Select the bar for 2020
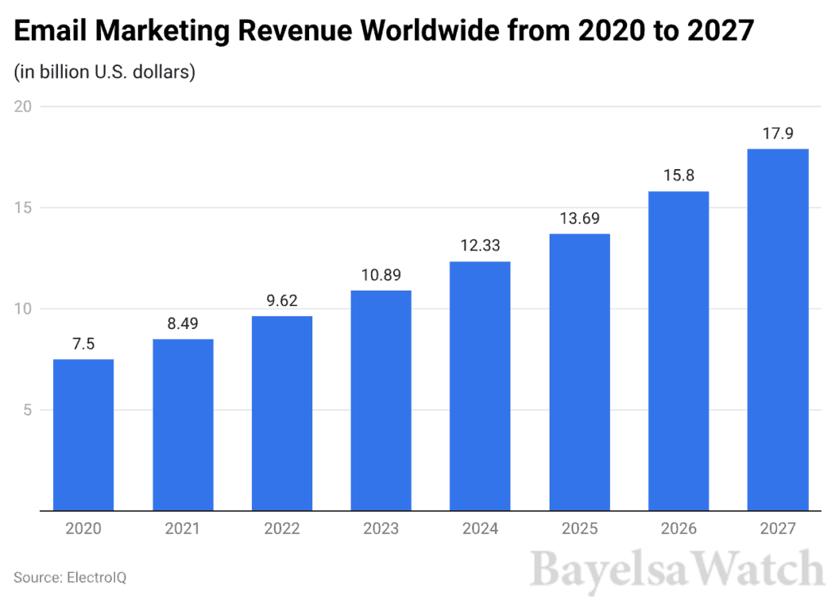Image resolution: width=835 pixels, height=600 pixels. click(83, 435)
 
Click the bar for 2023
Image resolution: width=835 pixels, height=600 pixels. click(381, 400)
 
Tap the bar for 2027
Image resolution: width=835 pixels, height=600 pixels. click(778, 330)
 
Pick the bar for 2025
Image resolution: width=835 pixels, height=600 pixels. click(579, 372)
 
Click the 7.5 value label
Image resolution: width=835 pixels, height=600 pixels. click(83, 343)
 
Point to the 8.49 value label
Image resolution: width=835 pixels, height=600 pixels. click(183, 322)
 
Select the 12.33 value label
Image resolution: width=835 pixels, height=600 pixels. click(480, 245)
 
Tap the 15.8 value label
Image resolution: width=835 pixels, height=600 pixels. click(678, 175)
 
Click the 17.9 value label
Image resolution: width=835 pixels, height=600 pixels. click(778, 132)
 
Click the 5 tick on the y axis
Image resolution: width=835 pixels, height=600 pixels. click(27, 410)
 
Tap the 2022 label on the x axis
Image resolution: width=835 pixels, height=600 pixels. click(282, 530)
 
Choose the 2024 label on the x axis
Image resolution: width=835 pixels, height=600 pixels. click(480, 530)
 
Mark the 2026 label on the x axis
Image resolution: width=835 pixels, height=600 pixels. click(678, 530)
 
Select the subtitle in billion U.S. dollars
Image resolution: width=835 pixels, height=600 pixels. click(105, 72)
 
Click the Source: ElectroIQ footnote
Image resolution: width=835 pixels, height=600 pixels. click(70, 577)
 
